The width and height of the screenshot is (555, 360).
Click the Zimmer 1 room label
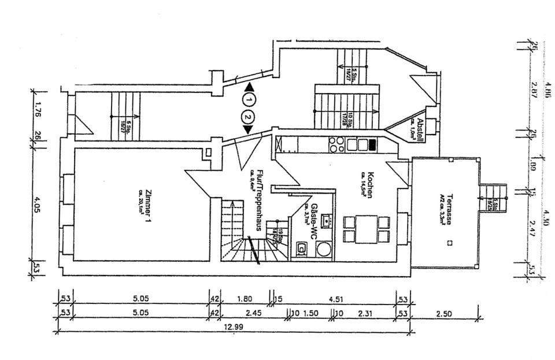(148, 206)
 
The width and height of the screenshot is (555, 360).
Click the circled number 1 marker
(249, 100)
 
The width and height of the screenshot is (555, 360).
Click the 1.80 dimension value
(245, 299)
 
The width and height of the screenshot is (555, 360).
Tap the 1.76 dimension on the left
(38, 110)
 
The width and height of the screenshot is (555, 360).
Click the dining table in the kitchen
(364, 229)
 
